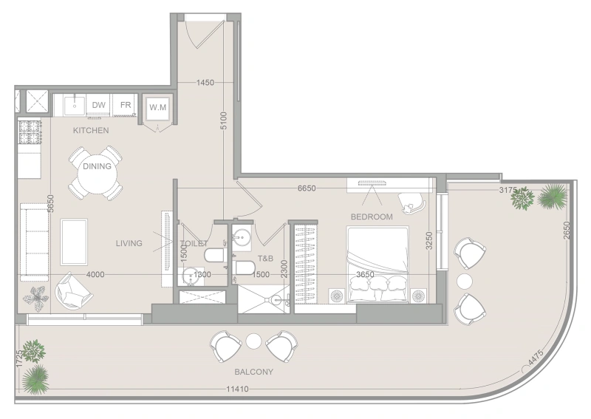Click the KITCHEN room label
coord(91,131)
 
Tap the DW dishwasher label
coord(99,105)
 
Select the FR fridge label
coord(126,104)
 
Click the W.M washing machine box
coord(157,107)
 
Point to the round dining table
coord(98,174)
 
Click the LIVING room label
coord(129,243)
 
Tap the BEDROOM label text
coord(372,217)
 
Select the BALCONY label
coord(253,372)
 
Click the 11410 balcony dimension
coord(237,389)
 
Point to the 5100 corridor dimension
coord(224,120)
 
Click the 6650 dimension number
coord(307,188)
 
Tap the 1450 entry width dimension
coord(205,83)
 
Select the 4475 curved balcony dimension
coord(536,358)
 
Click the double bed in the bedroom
coord(378,265)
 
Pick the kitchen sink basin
coord(75,106)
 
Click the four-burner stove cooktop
coord(30,132)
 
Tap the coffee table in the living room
coord(74,242)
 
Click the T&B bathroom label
coord(265,259)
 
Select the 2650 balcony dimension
coord(567,230)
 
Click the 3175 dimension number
coord(508,190)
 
